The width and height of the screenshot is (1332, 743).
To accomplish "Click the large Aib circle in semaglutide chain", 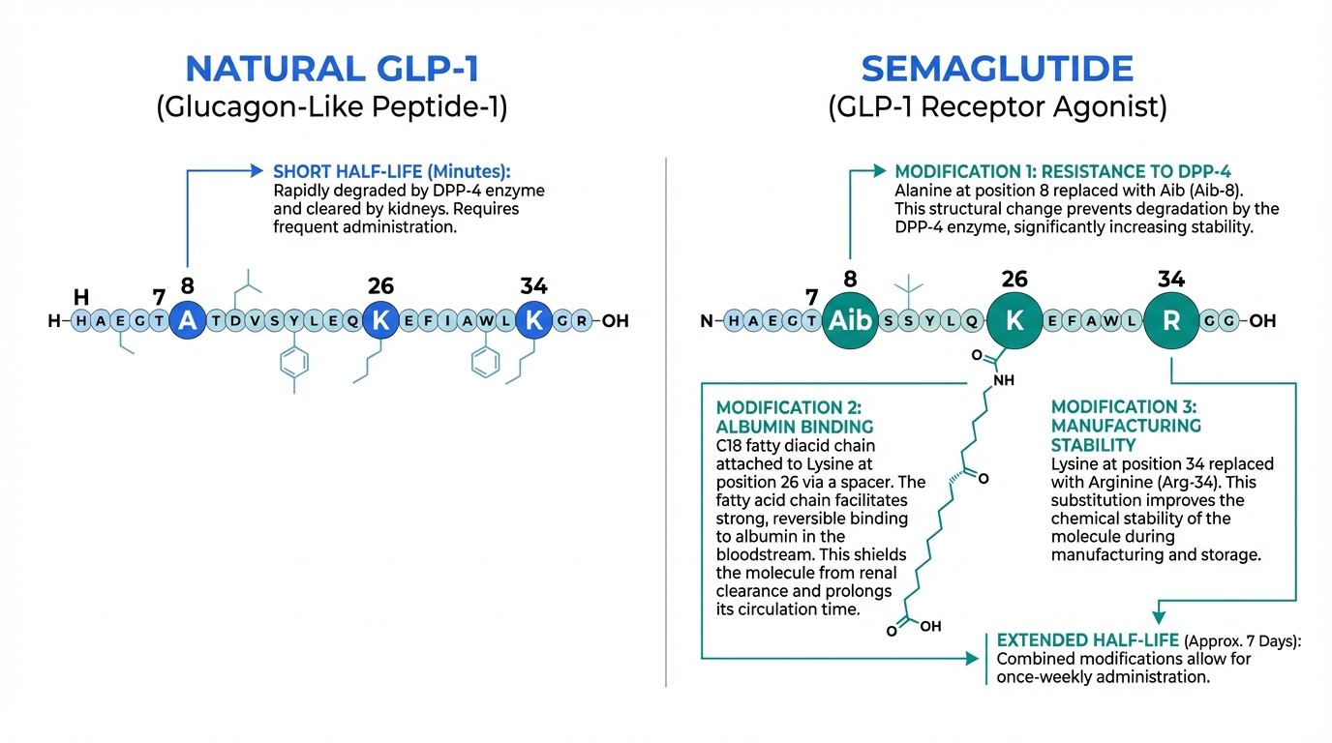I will pos(850,321).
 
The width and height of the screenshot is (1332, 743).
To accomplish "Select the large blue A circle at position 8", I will pos(188,321).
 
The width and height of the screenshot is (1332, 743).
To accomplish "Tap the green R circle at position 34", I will pos(1171,321).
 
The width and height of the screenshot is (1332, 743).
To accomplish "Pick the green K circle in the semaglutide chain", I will pos(1014,321).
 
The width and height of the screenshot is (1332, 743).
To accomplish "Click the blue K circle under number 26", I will pos(380,321).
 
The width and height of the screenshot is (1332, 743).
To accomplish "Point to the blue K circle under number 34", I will pos(533,321).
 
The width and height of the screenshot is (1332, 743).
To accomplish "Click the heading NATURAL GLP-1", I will pos(332,69).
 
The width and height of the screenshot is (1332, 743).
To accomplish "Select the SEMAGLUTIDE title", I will pos(997,69).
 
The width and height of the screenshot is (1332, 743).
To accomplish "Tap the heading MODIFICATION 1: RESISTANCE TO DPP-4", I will pos(1063,171).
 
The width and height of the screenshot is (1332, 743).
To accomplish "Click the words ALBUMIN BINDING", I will pos(795,427).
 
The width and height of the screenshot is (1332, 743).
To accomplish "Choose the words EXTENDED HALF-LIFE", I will pos(1088,640).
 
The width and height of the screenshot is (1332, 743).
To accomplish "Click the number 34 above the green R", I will pos(1170,280).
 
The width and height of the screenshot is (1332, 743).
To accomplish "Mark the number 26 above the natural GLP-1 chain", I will pos(380,285).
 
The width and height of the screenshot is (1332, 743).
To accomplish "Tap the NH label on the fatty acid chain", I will pos(1004,380).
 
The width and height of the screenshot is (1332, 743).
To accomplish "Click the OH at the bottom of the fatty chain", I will pos(929,626).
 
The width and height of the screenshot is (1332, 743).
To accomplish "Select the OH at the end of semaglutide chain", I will pos(1262,321).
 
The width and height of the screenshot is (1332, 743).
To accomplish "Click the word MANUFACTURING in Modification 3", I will pos(1126,426).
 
